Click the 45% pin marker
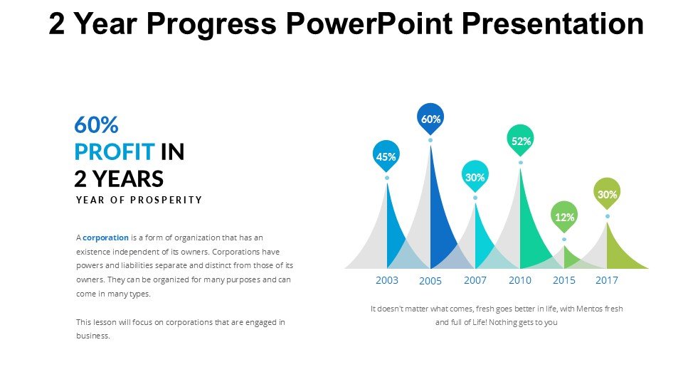[386, 156]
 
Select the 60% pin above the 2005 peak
[430, 119]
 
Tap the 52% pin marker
[521, 140]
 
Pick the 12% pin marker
[564, 216]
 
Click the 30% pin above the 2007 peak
[475, 176]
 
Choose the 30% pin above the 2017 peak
[607, 193]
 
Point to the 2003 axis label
[387, 280]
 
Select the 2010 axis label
[520, 280]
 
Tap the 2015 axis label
[564, 280]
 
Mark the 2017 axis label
[607, 280]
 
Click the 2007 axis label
[475, 280]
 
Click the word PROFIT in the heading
[115, 152]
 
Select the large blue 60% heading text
[96, 124]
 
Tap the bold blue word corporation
[105, 238]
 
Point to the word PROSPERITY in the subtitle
[166, 200]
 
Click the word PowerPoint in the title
[369, 23]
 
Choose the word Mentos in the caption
[589, 309]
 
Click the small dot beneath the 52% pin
[521, 163]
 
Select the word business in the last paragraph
[92, 336]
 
